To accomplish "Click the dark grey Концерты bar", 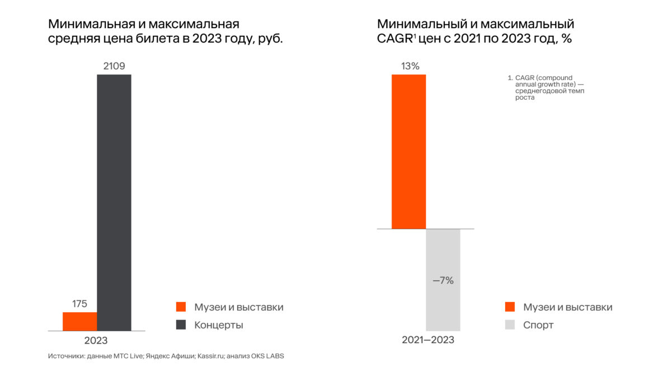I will click(114, 202).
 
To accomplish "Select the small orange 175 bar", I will click(79, 321).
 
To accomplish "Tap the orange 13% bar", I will click(408, 151).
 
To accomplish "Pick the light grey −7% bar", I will click(443, 280).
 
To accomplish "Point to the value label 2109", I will click(114, 66).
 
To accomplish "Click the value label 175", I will click(79, 304).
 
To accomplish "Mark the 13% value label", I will click(410, 66).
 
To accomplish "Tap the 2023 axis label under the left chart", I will click(96, 340).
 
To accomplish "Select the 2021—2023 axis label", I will click(428, 340).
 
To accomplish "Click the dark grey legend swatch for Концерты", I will click(181, 325).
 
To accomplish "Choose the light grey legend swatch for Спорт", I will click(510, 325).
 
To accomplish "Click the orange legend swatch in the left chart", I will click(181, 307).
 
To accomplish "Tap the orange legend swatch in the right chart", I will click(510, 307).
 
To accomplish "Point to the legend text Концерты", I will click(219, 325).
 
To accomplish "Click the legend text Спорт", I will click(538, 325).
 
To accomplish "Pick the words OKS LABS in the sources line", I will click(274, 356).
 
